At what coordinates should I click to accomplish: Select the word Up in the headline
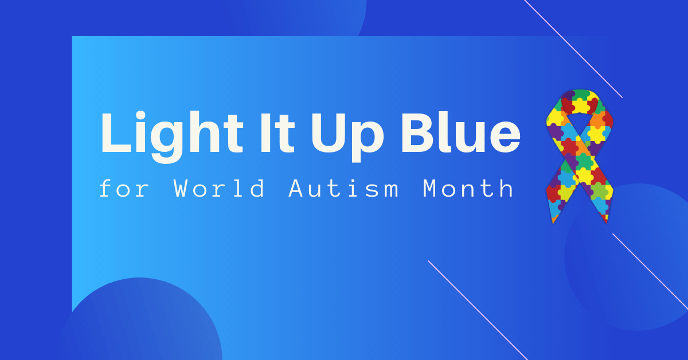347,137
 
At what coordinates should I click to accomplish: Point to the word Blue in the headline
461,132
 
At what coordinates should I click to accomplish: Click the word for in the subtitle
124,188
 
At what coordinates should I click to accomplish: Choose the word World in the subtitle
218,188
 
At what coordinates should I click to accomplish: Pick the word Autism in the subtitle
343,188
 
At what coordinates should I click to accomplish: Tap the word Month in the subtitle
468,188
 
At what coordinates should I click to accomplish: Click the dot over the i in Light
140,116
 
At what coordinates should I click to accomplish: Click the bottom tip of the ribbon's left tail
553,224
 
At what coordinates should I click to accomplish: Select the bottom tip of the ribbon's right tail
607,222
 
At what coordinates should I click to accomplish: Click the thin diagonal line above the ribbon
573,49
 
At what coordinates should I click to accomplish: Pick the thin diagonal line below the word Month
478,310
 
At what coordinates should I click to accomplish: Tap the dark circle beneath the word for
140,319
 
